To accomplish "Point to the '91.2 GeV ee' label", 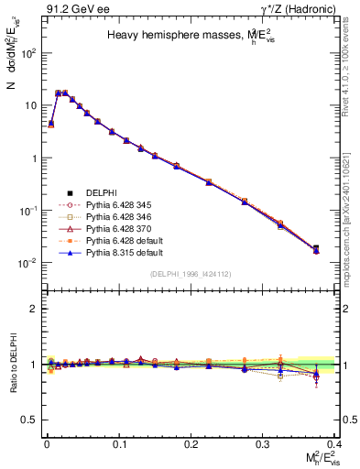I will tap(69, 9).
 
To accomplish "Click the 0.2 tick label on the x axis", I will tap(191, 442).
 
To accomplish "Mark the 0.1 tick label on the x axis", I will tap(119, 442).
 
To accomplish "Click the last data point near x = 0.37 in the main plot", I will tap(316, 248).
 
